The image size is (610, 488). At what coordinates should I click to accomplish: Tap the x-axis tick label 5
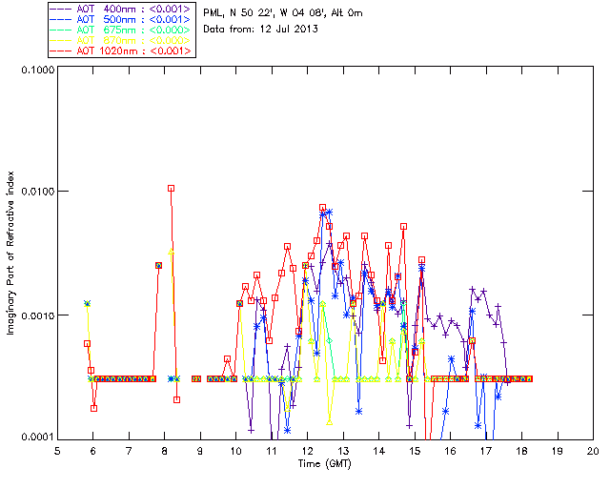click(x=57, y=450)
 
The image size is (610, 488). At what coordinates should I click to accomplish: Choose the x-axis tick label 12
click(x=307, y=450)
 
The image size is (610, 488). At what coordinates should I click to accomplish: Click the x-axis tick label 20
click(x=592, y=450)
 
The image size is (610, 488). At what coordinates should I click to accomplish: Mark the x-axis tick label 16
click(x=450, y=450)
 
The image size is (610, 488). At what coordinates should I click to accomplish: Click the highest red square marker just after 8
click(x=171, y=188)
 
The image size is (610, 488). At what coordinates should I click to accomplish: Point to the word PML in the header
click(x=213, y=12)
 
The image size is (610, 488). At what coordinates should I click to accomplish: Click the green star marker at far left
click(x=87, y=303)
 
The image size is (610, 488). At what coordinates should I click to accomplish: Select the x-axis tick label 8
click(x=164, y=450)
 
